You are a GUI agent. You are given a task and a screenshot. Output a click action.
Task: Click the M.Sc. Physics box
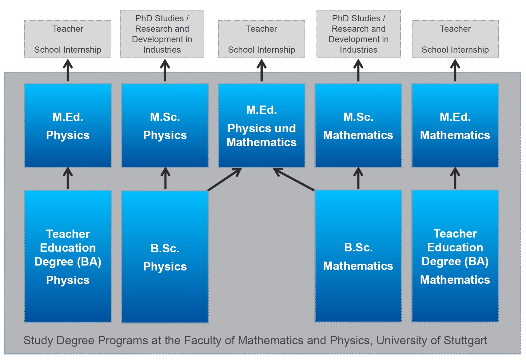165,126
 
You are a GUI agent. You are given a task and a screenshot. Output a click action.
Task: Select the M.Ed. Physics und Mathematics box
261,126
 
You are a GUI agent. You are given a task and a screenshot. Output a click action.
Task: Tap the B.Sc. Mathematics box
358,256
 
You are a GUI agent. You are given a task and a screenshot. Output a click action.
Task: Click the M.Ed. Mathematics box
455,126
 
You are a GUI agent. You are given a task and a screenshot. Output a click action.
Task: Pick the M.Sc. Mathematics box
358,126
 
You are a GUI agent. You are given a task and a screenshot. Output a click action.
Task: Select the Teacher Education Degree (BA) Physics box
68,256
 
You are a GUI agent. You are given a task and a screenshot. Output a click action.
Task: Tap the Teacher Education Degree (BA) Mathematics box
455,256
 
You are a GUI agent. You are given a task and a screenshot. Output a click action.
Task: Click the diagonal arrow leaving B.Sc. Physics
224,179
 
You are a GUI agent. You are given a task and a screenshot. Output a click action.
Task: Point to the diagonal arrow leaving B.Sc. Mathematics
294,179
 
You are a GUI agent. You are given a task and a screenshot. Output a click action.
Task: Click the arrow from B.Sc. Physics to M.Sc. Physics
165,178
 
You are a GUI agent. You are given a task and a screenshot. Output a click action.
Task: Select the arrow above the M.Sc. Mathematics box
358,70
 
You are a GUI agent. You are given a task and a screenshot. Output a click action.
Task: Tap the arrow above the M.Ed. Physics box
68,70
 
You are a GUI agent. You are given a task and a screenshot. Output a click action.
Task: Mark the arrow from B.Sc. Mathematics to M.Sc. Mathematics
358,178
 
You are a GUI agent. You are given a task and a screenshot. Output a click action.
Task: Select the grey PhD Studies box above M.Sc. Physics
162,34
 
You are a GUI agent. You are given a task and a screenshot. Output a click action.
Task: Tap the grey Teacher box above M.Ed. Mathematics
455,39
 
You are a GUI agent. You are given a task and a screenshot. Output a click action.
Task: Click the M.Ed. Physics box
68,126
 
